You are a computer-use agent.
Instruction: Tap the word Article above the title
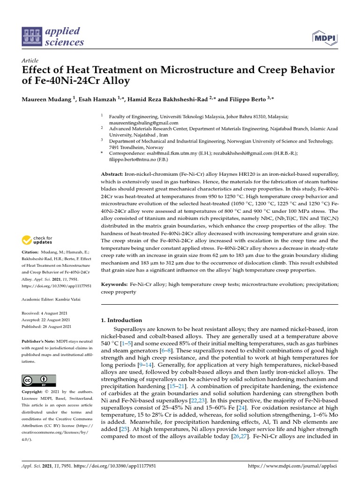pyautogui.click(x=30, y=61)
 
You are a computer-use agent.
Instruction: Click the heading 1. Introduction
pyautogui.click(x=121, y=320)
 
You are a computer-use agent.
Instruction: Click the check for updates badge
pyautogui.click(x=38, y=240)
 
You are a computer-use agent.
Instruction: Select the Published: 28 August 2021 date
pyautogui.click(x=47, y=326)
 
